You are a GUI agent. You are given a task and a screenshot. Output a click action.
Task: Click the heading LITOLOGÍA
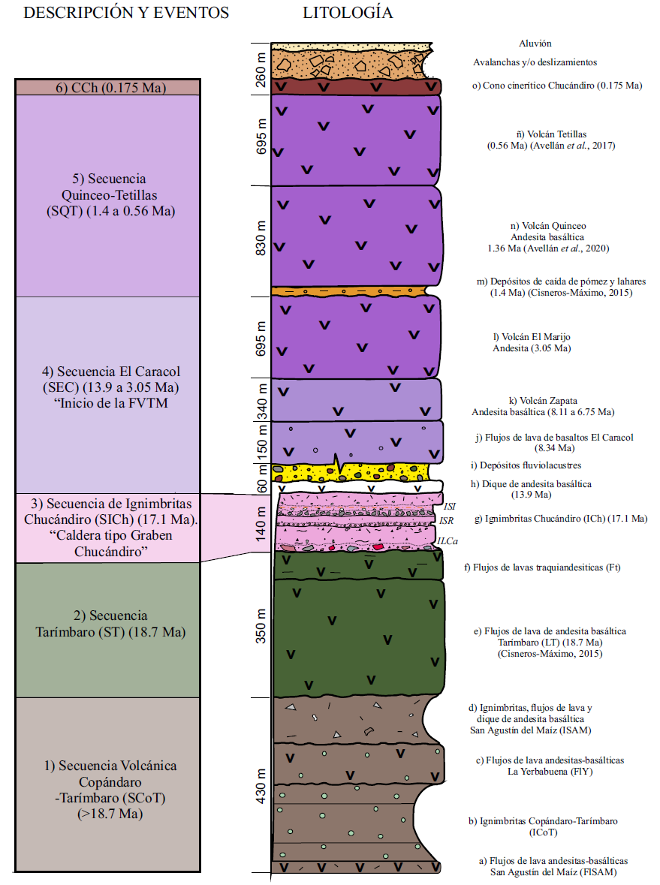pos(348,14)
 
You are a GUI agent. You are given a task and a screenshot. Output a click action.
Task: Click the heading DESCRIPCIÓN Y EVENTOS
pos(127,14)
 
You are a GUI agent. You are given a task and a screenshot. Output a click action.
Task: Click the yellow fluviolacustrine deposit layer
pos(353,471)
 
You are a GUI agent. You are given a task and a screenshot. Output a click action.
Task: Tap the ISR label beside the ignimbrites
pos(445,519)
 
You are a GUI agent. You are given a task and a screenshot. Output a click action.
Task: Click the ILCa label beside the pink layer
pos(447,540)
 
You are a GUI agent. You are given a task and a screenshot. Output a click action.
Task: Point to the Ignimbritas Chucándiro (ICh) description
pos(565,518)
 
